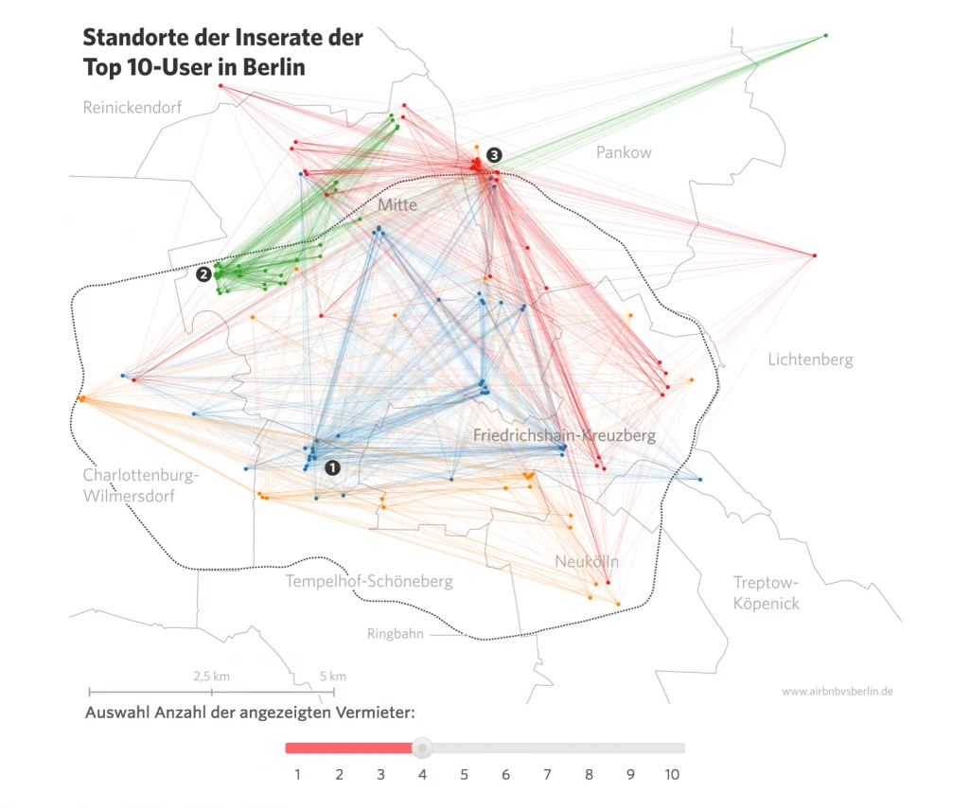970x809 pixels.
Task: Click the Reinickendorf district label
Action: click(x=132, y=107)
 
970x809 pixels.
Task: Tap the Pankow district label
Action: click(x=624, y=152)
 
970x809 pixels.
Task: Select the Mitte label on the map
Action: click(x=397, y=204)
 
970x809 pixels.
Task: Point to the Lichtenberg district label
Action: click(x=810, y=360)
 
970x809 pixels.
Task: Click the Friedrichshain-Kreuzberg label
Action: click(x=564, y=435)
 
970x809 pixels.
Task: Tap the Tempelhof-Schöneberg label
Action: click(x=369, y=581)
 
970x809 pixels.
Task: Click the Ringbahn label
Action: click(x=396, y=634)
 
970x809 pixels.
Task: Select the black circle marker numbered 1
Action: click(x=332, y=466)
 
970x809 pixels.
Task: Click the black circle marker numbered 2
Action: click(x=203, y=274)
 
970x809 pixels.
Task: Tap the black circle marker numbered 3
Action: click(x=494, y=154)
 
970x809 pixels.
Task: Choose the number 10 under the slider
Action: click(x=671, y=775)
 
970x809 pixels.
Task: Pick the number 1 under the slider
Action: click(x=297, y=775)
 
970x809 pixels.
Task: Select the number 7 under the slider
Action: click(x=547, y=775)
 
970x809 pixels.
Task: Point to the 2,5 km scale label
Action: click(x=211, y=677)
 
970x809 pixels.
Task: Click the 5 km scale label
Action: click(x=333, y=677)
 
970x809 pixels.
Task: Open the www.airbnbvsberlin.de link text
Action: click(x=838, y=692)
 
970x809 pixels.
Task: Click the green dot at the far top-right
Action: click(x=825, y=36)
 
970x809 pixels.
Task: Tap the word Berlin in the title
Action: click(x=273, y=67)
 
